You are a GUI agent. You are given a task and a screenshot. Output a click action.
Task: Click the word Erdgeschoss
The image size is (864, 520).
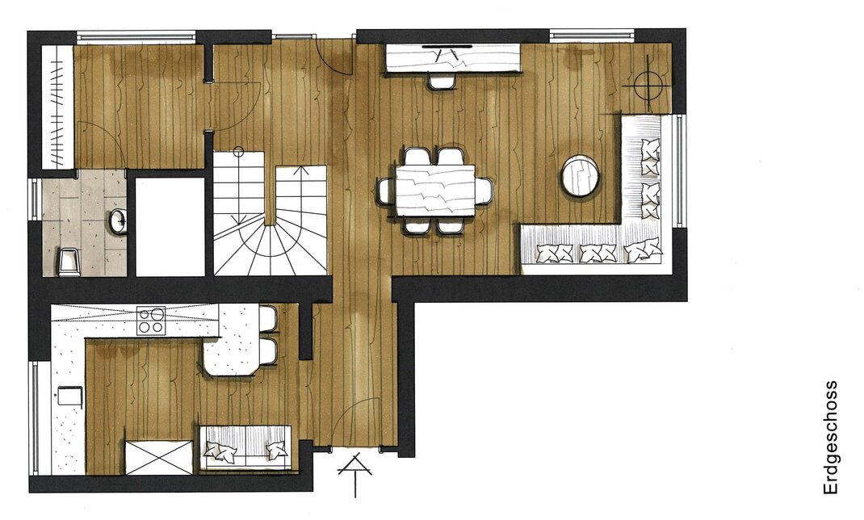(830, 438)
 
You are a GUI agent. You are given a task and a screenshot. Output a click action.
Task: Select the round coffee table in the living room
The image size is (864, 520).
(581, 175)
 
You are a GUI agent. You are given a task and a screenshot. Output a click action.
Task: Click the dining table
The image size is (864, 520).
(435, 191)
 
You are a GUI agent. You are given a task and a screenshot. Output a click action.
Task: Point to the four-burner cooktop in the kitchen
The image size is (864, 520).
(151, 320)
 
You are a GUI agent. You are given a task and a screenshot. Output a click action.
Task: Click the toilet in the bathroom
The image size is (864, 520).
(69, 262)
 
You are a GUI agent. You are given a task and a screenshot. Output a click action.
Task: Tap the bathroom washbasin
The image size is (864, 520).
(118, 221)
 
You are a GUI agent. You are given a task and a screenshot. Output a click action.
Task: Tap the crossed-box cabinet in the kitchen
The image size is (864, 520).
(159, 457)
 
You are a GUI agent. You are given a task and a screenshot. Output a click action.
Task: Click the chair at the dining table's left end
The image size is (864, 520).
(386, 191)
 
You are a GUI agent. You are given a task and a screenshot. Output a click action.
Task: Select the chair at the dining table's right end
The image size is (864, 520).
(484, 191)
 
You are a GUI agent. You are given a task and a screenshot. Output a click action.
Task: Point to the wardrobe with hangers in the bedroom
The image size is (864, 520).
(58, 107)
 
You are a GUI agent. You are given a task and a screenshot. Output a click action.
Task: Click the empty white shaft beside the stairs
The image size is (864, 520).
(170, 226)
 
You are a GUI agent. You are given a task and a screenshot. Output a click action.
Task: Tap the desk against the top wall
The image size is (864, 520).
(453, 58)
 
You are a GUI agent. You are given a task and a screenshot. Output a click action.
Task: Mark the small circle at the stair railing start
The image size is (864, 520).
(238, 151)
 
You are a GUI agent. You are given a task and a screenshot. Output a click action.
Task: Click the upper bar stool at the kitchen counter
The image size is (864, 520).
(268, 318)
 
